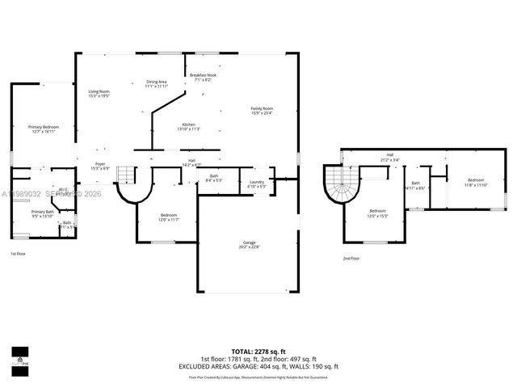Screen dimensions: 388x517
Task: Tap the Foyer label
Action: point(100,166)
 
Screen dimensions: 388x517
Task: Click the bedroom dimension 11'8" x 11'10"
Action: point(475,185)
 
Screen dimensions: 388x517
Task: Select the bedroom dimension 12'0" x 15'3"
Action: point(378,216)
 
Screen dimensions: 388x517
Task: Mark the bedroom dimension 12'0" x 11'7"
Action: point(168,219)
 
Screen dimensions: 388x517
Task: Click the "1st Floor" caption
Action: point(18,254)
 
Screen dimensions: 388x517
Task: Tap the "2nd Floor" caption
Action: point(351,258)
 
